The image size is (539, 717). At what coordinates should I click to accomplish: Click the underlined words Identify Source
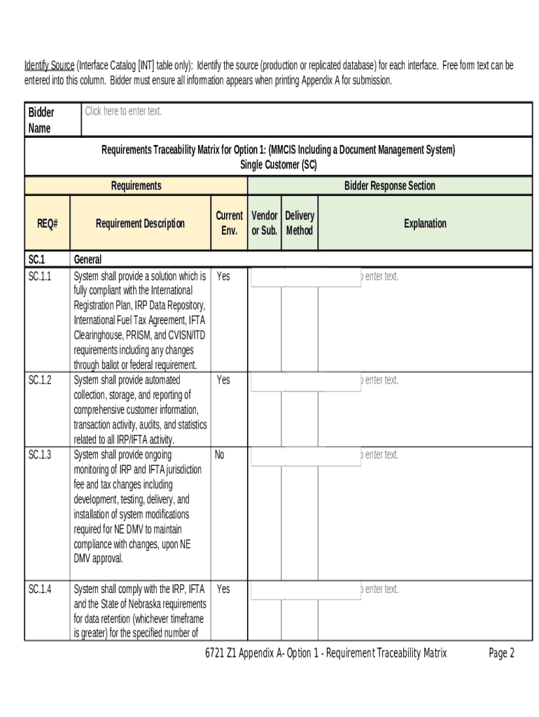pyautogui.click(x=49, y=66)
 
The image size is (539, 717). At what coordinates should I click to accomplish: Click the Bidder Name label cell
pyautogui.click(x=41, y=120)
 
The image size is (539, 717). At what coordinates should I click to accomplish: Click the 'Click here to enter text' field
pyautogui.click(x=123, y=111)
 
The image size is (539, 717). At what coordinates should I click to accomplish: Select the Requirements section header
pyautogui.click(x=136, y=186)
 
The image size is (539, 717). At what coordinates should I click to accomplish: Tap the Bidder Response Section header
pyautogui.click(x=389, y=186)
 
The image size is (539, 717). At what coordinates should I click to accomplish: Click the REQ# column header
pyautogui.click(x=48, y=223)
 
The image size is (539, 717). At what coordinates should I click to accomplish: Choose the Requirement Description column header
pyautogui.click(x=140, y=223)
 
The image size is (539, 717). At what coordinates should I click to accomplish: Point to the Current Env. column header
pyautogui.click(x=229, y=223)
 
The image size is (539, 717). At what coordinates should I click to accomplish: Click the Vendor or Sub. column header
pyautogui.click(x=265, y=223)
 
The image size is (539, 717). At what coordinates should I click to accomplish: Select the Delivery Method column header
pyautogui.click(x=300, y=223)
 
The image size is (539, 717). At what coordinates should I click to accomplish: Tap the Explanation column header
pyautogui.click(x=425, y=223)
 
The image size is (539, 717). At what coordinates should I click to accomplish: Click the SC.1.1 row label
pyautogui.click(x=40, y=277)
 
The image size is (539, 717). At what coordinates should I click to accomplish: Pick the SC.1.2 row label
pyautogui.click(x=40, y=380)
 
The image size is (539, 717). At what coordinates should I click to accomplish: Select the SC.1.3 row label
pyautogui.click(x=40, y=455)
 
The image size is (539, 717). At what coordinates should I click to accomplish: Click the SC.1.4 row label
pyautogui.click(x=40, y=590)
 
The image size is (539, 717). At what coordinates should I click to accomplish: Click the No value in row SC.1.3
pyautogui.click(x=220, y=455)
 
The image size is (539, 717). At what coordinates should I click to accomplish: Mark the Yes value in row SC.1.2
pyautogui.click(x=223, y=380)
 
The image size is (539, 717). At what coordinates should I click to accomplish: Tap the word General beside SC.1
pyautogui.click(x=87, y=260)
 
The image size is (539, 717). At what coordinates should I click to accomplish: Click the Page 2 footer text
pyautogui.click(x=501, y=653)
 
